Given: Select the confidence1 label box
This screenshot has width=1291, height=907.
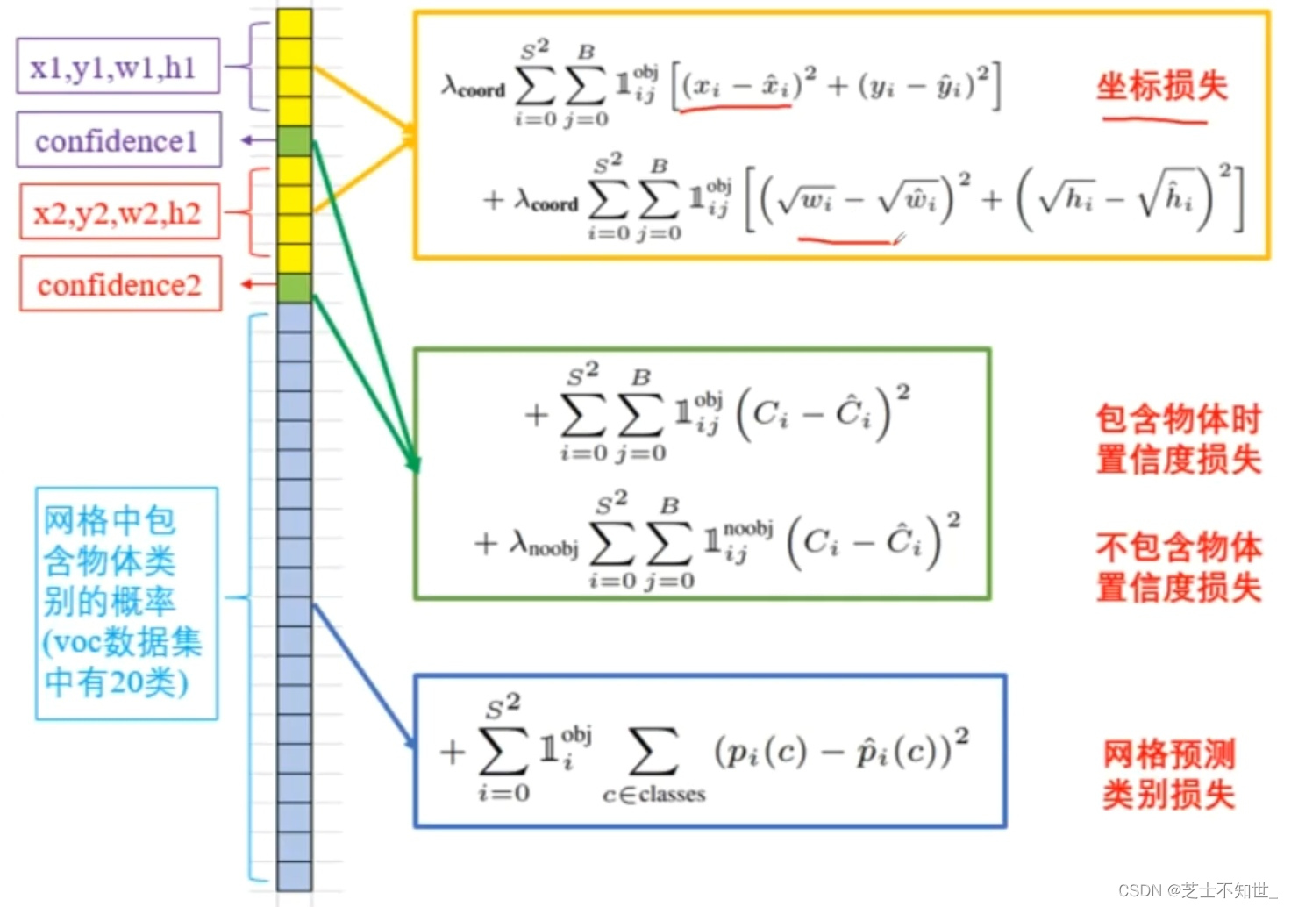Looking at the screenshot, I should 118,140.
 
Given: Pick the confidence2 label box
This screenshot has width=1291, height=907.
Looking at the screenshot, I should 119,284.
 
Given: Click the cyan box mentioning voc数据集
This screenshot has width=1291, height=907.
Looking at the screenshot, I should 125,603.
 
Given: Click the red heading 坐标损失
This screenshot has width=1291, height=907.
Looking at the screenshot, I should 1161,86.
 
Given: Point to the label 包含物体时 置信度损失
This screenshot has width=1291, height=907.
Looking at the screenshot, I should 1178,439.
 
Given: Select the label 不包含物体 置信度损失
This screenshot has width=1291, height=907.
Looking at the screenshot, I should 1178,567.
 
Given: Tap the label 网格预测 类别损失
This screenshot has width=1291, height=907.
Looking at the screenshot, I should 1168,774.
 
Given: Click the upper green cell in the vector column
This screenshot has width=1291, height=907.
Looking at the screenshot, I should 295,141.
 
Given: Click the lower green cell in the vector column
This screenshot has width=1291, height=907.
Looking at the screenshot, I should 295,288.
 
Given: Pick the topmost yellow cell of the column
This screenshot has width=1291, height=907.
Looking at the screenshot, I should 295,24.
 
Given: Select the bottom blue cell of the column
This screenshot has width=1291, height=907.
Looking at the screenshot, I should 295,875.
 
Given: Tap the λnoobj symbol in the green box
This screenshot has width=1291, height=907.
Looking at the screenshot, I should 544,546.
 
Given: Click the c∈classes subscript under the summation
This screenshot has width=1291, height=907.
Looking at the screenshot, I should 653,795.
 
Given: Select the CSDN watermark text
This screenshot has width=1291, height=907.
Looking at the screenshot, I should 1197,890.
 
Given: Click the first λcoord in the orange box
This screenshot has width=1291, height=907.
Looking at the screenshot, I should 474,87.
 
